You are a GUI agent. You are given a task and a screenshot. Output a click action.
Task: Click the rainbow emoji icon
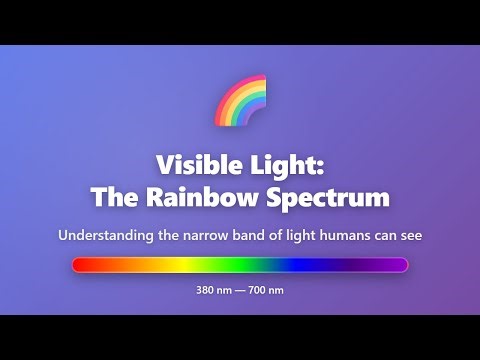241,101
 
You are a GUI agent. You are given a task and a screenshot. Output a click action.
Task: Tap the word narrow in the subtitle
200,236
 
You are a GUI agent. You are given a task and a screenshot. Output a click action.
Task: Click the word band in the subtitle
247,236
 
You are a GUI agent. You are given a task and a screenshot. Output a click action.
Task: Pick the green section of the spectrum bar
235,265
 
